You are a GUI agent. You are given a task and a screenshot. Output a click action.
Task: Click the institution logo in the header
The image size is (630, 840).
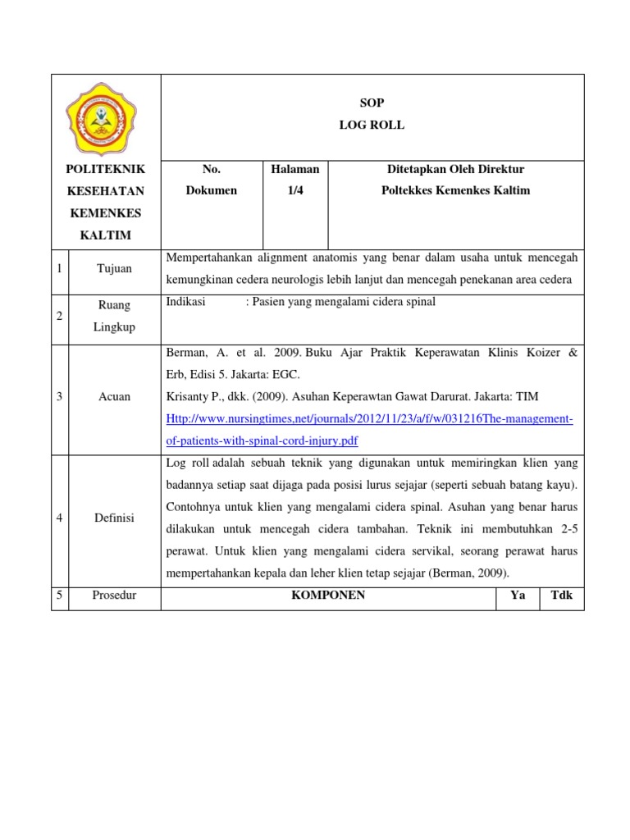[105, 118]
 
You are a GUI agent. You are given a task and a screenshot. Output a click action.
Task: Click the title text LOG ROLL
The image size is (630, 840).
[372, 126]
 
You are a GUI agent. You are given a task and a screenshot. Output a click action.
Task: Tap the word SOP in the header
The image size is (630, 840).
[372, 103]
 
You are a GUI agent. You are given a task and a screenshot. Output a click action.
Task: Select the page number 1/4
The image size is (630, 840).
[294, 190]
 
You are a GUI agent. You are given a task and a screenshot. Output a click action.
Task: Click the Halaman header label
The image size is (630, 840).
[294, 169]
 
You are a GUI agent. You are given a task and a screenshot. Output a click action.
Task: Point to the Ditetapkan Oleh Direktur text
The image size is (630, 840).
[455, 169]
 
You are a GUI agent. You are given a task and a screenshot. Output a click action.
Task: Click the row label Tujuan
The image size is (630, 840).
[114, 269]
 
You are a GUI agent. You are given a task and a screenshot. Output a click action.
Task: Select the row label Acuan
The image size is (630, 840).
[114, 397]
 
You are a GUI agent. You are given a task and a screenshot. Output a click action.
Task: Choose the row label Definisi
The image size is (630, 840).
[114, 518]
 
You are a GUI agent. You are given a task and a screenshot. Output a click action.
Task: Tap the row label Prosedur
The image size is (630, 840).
[114, 596]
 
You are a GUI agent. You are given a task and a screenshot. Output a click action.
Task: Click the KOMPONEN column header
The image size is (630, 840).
[328, 596]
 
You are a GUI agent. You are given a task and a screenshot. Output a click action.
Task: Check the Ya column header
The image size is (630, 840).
[518, 596]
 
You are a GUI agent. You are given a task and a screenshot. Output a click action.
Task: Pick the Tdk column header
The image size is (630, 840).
[562, 596]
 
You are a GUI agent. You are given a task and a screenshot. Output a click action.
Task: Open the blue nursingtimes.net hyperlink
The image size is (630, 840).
[369, 419]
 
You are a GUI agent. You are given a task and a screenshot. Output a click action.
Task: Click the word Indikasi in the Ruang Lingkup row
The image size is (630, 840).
[185, 302]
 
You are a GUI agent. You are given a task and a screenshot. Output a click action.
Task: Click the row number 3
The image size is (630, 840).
[60, 397]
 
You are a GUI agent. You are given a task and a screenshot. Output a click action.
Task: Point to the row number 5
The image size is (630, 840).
[60, 596]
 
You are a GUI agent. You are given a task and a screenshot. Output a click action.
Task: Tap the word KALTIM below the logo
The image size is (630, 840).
[105, 235]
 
